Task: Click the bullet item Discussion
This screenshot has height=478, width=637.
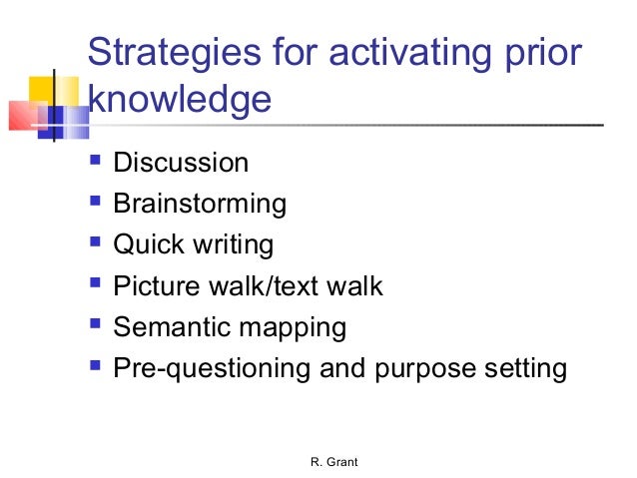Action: tap(181, 162)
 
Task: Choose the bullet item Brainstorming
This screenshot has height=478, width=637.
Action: tap(200, 204)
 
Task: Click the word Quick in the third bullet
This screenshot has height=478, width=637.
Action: tap(144, 244)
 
